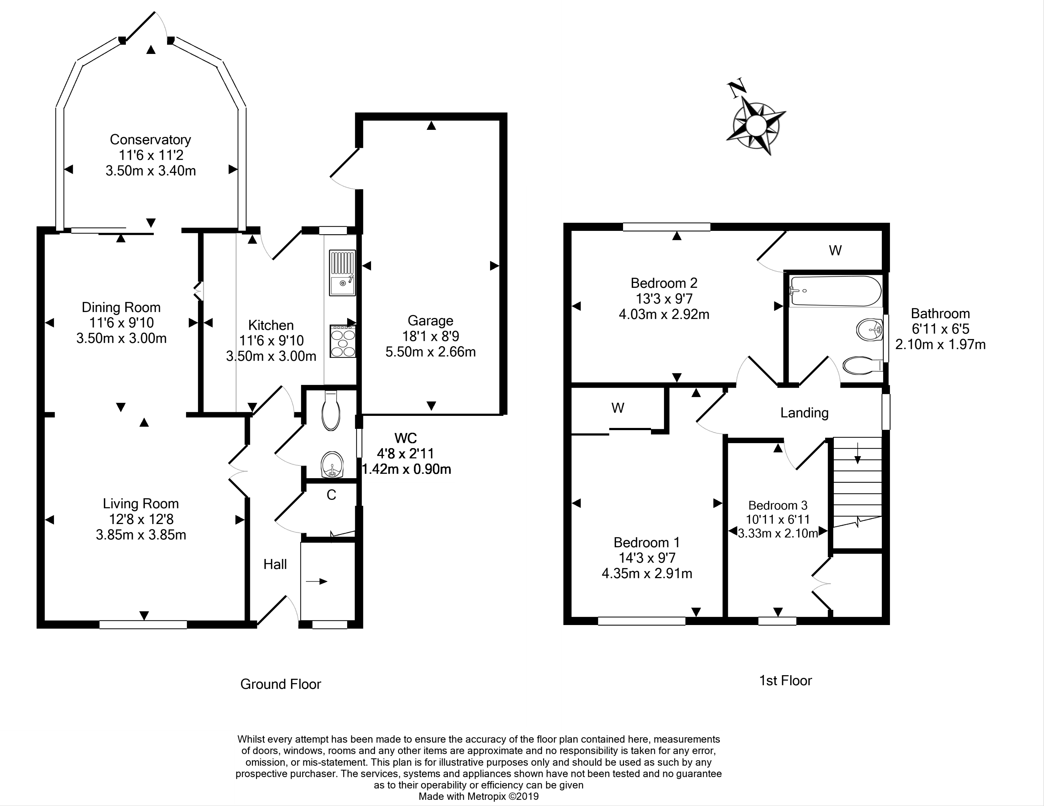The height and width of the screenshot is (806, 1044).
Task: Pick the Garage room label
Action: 430,321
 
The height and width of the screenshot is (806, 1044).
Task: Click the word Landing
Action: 804,413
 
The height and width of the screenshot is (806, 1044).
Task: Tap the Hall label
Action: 275,564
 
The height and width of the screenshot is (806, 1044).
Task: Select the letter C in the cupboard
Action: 331,495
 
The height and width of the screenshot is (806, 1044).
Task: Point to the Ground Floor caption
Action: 281,684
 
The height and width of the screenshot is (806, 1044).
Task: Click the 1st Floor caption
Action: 785,680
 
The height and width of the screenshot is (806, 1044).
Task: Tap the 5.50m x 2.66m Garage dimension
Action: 430,352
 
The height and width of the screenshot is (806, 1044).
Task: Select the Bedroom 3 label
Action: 778,505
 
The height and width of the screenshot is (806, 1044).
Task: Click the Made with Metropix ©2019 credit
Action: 479,796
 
